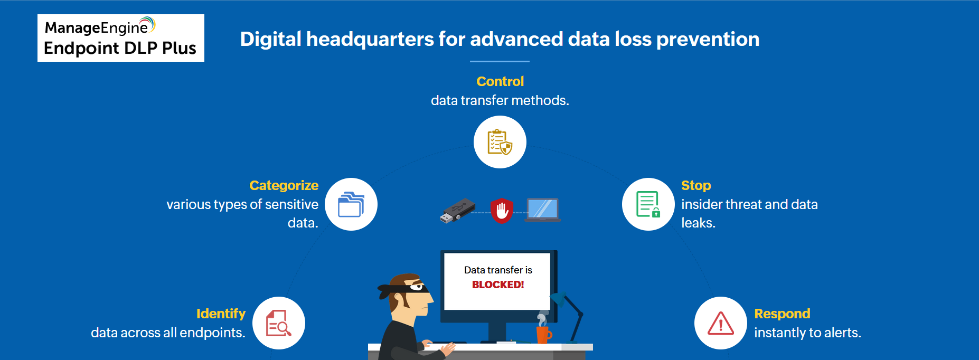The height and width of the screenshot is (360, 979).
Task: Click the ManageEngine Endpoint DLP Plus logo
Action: [120, 38]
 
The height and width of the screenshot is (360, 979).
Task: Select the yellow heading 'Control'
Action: [500, 81]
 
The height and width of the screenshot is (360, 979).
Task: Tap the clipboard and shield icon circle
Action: [500, 142]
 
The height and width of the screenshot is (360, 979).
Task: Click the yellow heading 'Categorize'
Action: [284, 185]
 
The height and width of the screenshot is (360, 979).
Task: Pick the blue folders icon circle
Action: [351, 204]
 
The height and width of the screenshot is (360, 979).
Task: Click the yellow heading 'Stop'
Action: [696, 185]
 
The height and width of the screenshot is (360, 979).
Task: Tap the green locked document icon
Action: [648, 204]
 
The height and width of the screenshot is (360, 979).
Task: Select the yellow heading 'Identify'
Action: [221, 314]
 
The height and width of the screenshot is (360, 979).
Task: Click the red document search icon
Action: [278, 323]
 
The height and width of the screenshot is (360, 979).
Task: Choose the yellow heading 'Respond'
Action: [782, 314]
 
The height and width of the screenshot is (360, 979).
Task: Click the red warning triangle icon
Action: [720, 323]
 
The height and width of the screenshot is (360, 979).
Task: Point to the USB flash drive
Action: [457, 211]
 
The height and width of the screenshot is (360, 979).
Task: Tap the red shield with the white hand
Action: [502, 210]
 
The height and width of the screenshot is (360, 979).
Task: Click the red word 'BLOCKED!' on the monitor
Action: [498, 285]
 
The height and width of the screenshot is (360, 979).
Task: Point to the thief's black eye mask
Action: [409, 288]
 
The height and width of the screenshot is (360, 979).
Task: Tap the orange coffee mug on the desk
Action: [543, 334]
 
